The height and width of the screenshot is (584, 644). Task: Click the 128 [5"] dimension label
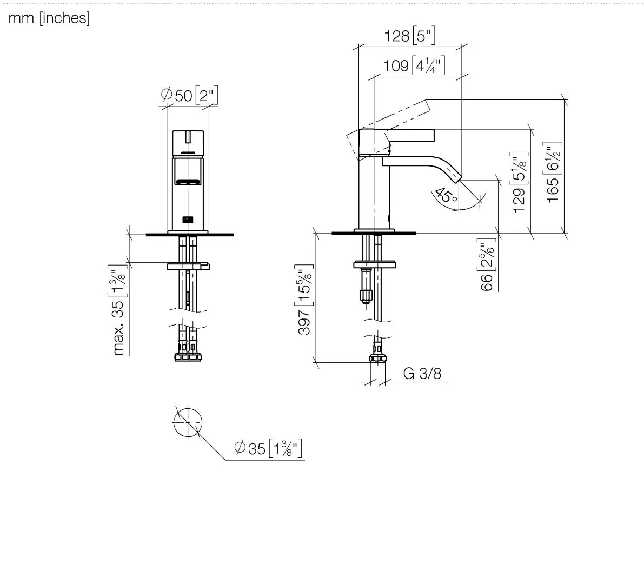pyautogui.click(x=409, y=36)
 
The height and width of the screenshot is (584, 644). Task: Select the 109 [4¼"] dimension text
pyautogui.click(x=414, y=65)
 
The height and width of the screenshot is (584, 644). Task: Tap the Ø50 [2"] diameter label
pyautogui.click(x=189, y=95)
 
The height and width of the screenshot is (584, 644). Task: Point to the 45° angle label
pyautogui.click(x=446, y=196)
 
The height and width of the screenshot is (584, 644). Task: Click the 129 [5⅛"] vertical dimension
pyautogui.click(x=519, y=182)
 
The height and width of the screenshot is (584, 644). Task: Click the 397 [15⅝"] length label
pyautogui.click(x=304, y=300)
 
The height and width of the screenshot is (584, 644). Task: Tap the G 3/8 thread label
pyautogui.click(x=422, y=373)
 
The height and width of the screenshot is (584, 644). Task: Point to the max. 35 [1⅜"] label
pyautogui.click(x=118, y=310)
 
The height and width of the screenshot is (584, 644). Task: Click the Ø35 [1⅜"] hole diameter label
pyautogui.click(x=268, y=448)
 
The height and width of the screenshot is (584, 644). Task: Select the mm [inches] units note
pyautogui.click(x=49, y=18)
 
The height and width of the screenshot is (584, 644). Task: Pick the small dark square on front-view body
pyautogui.click(x=188, y=220)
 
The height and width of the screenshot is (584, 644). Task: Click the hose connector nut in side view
pyautogui.click(x=377, y=358)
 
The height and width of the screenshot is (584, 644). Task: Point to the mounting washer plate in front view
pyautogui.click(x=188, y=266)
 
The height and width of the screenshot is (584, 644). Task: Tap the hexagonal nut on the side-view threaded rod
pyautogui.click(x=366, y=295)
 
